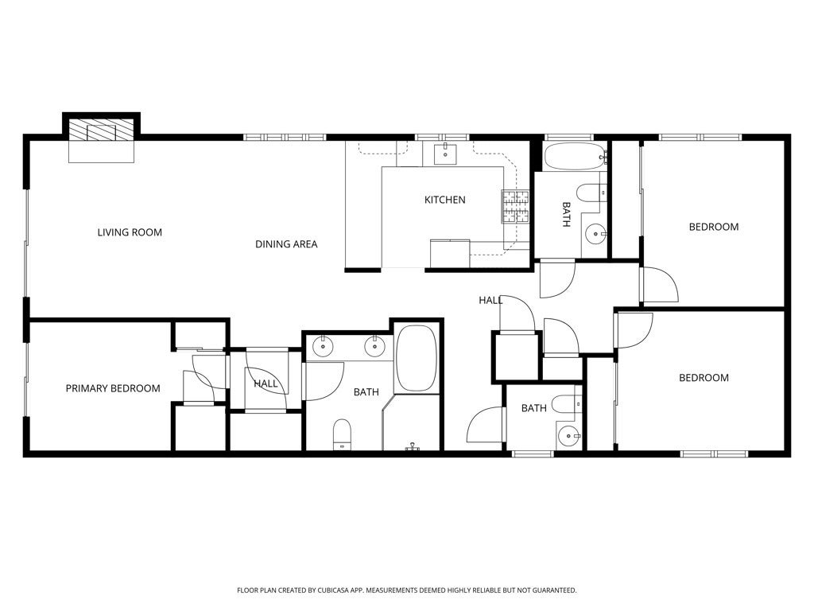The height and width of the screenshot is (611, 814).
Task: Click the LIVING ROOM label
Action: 130,232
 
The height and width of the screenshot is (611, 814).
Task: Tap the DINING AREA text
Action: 286,244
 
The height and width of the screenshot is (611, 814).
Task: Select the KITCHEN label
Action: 444,200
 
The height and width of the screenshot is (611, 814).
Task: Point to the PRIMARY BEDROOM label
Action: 112,388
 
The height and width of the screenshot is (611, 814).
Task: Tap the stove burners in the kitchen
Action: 514,206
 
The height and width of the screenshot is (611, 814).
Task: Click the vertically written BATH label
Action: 566,215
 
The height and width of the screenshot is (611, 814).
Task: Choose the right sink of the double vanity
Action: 374,346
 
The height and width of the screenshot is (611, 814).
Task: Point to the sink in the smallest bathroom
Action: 568,434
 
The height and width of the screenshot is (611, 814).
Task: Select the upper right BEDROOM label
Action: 713,227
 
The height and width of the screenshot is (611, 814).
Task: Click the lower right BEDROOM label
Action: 704,378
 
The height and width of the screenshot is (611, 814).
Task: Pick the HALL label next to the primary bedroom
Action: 266,383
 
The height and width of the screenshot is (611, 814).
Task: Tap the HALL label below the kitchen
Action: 490,300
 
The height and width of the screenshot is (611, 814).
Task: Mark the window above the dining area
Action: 285,137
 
